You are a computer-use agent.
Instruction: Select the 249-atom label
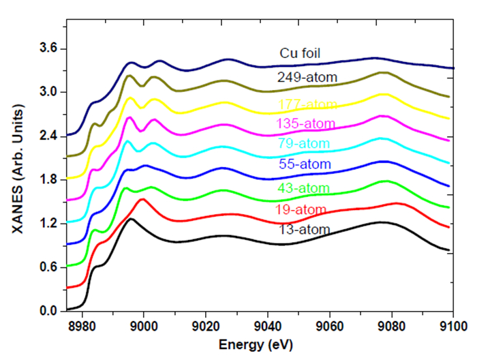pos(307,77)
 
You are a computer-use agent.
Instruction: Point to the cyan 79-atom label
pos(304,144)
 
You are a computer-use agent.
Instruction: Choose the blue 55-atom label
pos(305,164)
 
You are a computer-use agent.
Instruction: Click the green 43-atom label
pos(305,187)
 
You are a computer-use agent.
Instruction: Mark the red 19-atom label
pos(305,209)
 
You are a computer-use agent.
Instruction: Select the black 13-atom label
pos(305,230)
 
